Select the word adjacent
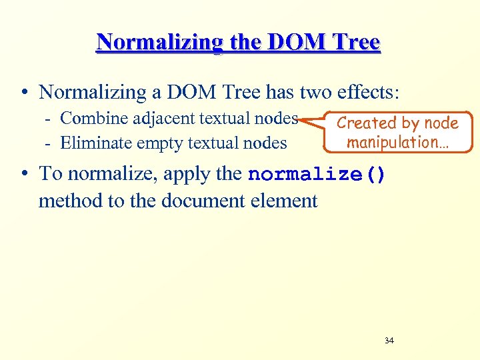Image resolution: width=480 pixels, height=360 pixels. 157,119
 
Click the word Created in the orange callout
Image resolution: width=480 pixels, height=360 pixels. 366,123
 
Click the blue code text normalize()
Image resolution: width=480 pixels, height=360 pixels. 316,175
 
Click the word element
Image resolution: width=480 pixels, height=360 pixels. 285,201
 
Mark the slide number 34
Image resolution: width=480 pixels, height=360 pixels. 389,341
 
